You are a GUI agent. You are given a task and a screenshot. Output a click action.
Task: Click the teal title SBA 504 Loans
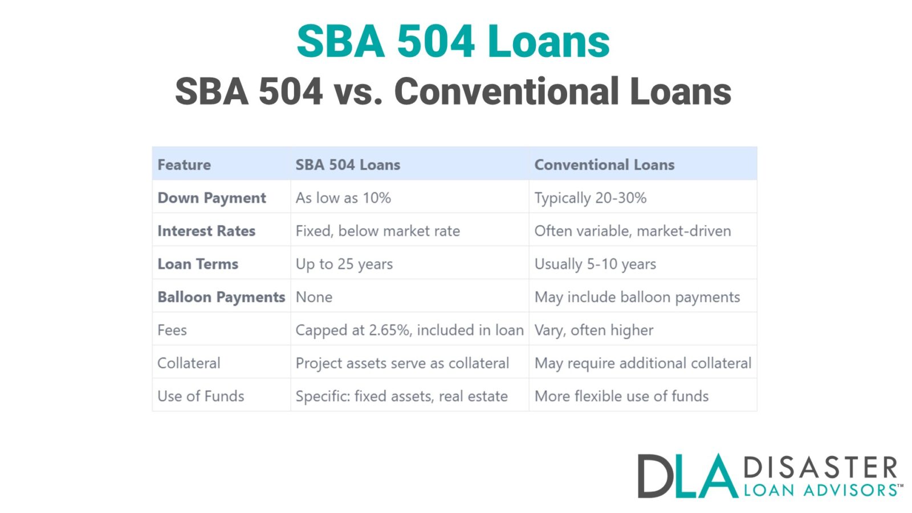[x=453, y=42]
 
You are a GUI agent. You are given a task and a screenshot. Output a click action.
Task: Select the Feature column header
[x=184, y=165]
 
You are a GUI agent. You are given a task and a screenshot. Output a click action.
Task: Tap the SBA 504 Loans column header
[x=348, y=165]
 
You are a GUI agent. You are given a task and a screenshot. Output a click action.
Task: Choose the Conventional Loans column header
[x=604, y=165]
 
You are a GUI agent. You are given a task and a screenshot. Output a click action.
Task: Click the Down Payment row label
[x=211, y=198]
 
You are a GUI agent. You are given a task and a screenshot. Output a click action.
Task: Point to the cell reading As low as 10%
[x=343, y=198]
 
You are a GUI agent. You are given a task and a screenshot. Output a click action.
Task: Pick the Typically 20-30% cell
[x=590, y=198]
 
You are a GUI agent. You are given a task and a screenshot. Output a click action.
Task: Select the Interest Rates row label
[x=206, y=231]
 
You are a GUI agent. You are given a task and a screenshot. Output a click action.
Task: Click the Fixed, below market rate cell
[x=377, y=231]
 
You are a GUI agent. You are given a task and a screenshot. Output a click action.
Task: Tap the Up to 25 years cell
[x=344, y=264]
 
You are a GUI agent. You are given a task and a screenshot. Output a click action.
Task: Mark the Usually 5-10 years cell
[x=595, y=264]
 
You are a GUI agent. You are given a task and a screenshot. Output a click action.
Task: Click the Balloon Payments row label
[x=221, y=297]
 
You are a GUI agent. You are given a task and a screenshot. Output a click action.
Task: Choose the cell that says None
[x=313, y=297]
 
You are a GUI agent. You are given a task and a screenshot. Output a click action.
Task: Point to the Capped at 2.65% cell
[x=409, y=330]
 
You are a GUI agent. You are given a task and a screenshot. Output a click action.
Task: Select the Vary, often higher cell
[x=593, y=330]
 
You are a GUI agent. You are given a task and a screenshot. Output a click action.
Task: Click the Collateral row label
[x=189, y=363]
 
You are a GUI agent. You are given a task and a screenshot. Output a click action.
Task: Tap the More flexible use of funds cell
[x=621, y=396]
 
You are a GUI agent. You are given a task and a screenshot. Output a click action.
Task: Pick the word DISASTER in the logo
[x=821, y=469]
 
